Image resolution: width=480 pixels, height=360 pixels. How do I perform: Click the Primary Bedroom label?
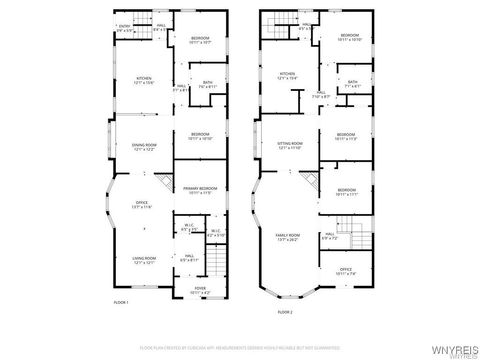(199, 190)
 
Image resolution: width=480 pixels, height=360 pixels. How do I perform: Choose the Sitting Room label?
(289, 146)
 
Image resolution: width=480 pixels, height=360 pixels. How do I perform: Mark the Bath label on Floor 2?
(352, 84)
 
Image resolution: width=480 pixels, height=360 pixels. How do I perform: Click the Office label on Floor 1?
(142, 205)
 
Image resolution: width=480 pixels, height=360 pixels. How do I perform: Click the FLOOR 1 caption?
(122, 300)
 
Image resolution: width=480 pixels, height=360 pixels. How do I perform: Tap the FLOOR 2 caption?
(285, 311)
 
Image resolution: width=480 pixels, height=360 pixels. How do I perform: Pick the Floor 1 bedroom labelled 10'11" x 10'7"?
(200, 41)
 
